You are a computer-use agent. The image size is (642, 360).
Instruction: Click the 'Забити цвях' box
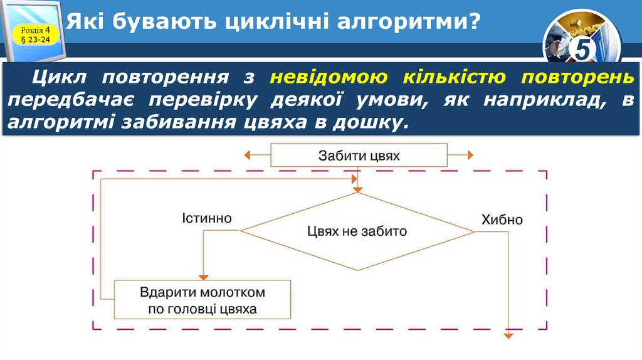(x=359, y=155)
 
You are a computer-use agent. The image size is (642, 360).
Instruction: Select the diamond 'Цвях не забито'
(x=357, y=231)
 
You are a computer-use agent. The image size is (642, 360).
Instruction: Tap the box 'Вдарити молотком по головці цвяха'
(x=203, y=300)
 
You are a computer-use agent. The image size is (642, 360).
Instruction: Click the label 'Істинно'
(x=207, y=218)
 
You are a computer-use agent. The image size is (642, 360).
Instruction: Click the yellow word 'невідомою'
(x=323, y=77)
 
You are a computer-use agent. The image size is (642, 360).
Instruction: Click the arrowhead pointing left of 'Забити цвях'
(x=248, y=155)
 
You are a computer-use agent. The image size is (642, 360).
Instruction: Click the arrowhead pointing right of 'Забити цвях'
(x=470, y=155)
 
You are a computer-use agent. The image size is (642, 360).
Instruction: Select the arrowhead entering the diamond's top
(x=357, y=188)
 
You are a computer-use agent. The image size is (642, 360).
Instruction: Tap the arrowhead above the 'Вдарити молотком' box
(x=203, y=277)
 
